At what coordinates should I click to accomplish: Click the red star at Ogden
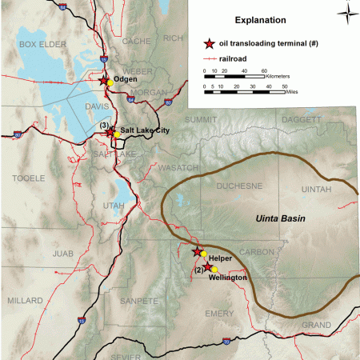pos(102,80)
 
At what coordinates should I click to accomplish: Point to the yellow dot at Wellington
pos(214,269)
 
